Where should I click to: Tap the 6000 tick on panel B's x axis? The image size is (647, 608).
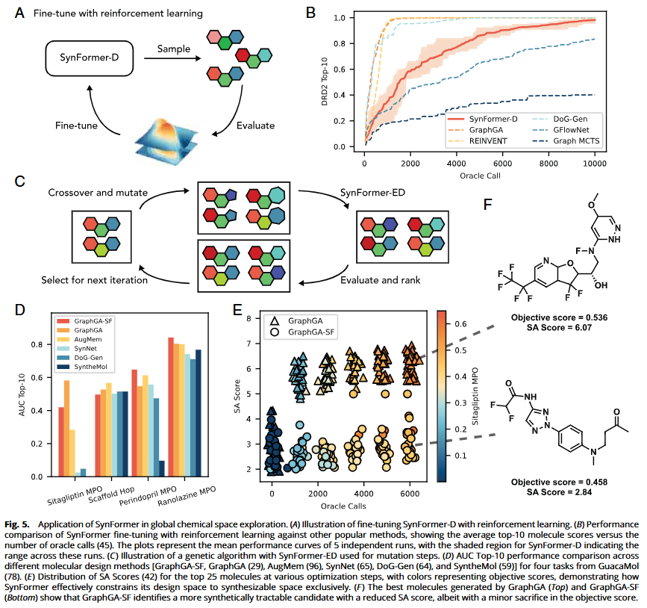(x=502, y=163)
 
